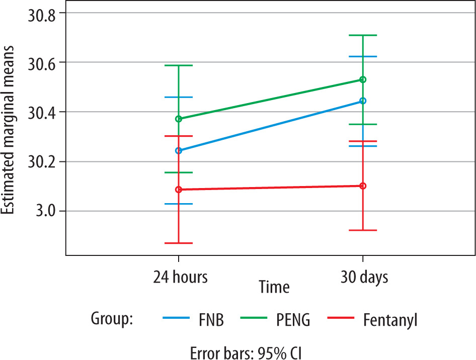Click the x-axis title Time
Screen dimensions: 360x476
274,287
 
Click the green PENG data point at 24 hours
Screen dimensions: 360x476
179,119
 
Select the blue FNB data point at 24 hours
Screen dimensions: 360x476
179,150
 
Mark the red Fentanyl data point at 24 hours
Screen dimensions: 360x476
179,190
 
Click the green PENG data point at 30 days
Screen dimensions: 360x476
363,79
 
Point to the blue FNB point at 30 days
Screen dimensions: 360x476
363,101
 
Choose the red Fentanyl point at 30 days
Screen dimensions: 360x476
363,186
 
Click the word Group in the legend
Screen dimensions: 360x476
111,318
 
